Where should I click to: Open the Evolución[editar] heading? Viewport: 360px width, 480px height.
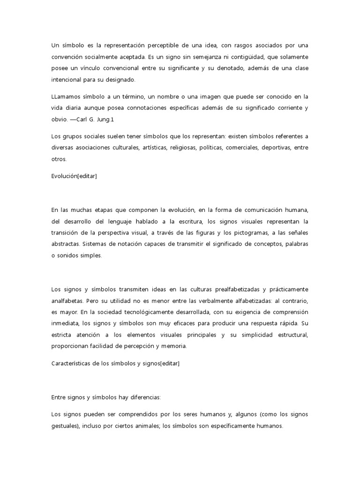point(74,176)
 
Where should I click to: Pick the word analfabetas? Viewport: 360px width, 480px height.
point(68,301)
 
